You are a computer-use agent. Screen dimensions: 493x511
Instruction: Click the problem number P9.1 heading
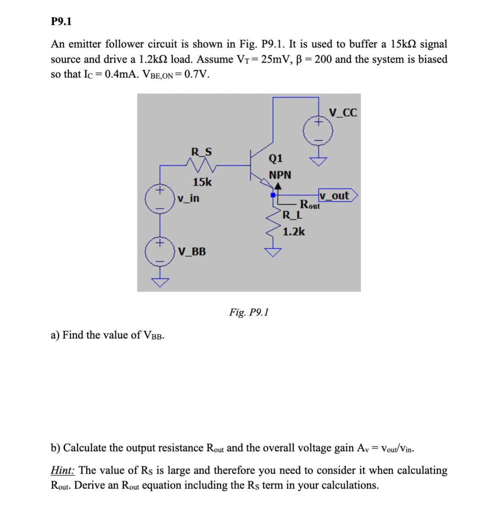point(61,22)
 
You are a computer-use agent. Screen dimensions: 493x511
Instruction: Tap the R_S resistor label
point(202,152)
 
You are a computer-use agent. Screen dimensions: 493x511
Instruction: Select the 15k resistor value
point(202,182)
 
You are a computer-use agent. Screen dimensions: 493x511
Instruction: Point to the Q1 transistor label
point(276,158)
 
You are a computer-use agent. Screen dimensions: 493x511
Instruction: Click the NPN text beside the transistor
point(280,175)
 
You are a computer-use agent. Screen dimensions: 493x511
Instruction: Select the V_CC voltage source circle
point(318,131)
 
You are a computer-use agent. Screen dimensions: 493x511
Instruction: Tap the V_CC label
point(343,113)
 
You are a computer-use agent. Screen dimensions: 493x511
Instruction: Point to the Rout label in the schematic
point(310,205)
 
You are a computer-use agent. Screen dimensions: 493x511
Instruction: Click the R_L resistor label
point(293,215)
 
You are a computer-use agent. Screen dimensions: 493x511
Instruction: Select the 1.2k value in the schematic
point(294,232)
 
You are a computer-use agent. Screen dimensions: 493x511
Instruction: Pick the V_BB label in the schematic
point(192,252)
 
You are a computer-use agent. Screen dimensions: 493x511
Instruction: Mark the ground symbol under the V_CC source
point(318,161)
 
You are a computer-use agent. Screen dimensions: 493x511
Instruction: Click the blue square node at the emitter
point(273,195)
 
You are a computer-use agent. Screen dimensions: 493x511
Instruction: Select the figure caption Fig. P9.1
point(249,312)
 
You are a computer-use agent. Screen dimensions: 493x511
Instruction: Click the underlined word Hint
point(63,470)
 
